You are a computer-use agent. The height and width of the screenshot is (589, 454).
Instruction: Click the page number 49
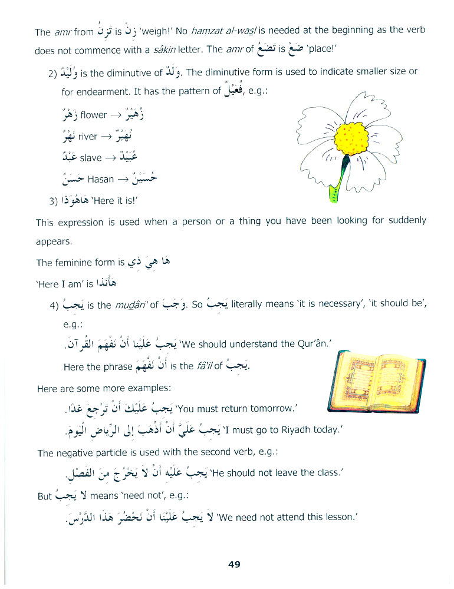[x=234, y=564]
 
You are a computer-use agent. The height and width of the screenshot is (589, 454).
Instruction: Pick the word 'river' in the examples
[x=87, y=136]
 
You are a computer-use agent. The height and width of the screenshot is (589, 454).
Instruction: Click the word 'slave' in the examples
[x=90, y=157]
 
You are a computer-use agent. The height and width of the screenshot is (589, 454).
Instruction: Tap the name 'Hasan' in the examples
[x=100, y=179]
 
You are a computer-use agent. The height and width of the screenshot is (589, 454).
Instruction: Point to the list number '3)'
[x=56, y=201]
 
